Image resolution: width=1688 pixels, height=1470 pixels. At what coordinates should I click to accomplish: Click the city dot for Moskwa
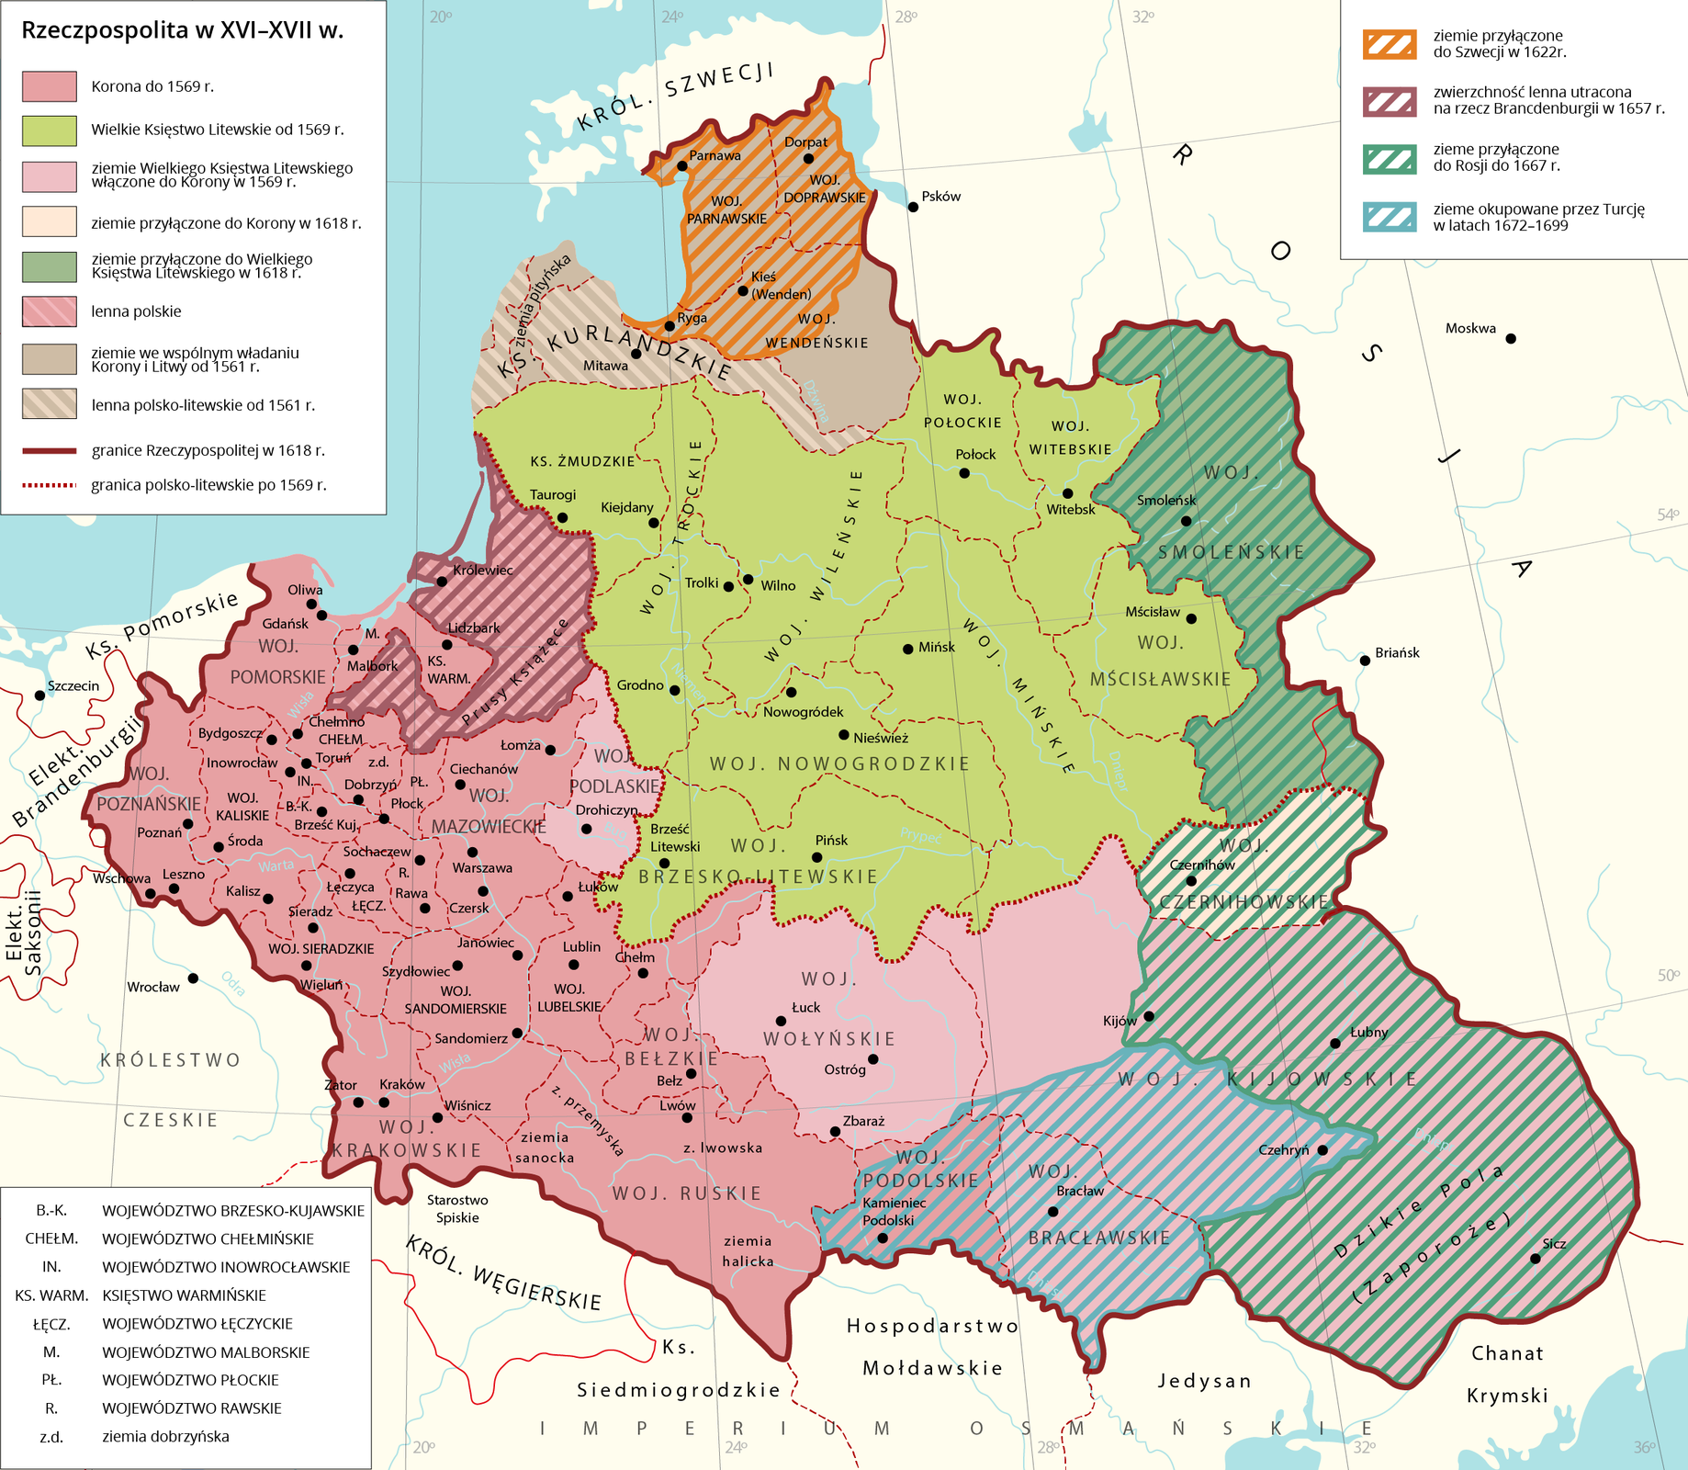point(1510,338)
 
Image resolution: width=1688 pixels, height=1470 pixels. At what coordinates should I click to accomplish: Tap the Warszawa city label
point(482,868)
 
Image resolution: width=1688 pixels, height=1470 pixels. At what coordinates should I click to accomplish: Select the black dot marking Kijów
point(1148,1016)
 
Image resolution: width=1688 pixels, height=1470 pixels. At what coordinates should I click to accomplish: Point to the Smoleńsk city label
point(1166,501)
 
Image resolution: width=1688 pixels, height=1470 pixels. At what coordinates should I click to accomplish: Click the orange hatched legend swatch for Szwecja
point(1390,44)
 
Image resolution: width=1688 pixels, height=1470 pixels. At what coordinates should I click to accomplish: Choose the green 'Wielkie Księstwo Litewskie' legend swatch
point(49,130)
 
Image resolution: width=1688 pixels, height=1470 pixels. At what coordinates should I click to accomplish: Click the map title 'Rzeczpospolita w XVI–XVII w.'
point(182,30)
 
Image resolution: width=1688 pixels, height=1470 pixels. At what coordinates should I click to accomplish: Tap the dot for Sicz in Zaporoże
point(1535,1259)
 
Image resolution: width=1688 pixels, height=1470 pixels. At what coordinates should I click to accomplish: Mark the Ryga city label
point(692,318)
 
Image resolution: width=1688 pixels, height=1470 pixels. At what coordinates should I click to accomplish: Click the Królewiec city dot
point(442,582)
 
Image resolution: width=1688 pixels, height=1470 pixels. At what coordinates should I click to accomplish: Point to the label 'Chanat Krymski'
point(1507,1374)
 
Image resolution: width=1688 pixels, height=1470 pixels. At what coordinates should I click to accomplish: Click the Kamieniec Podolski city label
point(894,1211)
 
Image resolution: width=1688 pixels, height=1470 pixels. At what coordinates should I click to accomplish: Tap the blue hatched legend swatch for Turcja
point(1390,217)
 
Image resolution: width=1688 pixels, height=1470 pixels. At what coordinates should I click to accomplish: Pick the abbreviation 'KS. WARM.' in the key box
point(51,1295)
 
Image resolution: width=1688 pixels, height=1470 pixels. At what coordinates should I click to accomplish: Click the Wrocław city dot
point(193,978)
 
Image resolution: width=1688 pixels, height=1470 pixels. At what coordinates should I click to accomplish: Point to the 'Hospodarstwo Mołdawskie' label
point(932,1347)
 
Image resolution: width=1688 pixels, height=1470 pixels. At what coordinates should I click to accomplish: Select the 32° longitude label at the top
point(1142,17)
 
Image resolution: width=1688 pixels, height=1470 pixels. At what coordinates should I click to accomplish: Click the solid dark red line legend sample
point(49,450)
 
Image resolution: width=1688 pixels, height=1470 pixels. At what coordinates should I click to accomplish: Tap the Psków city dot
point(913,207)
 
